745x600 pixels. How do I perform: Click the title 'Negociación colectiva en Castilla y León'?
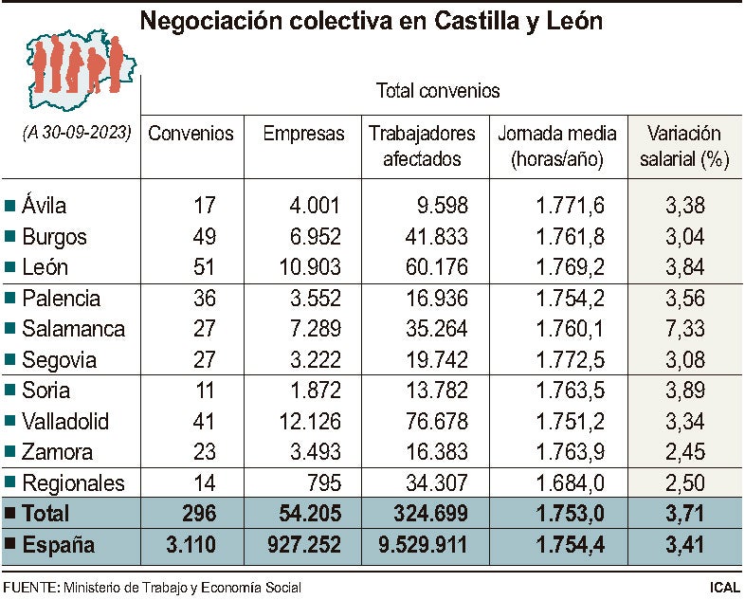pyautogui.click(x=372, y=21)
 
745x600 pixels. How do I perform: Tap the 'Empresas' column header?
pyautogui.click(x=303, y=134)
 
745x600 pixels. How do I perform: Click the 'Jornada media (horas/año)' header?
pyautogui.click(x=556, y=147)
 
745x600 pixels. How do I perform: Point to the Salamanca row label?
pyautogui.click(x=74, y=329)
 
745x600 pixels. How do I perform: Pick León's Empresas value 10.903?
pyautogui.click(x=307, y=267)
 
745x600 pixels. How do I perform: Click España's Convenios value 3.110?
pyautogui.click(x=191, y=545)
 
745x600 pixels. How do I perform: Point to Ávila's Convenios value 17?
pyautogui.click(x=204, y=206)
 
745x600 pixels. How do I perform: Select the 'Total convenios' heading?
pyautogui.click(x=438, y=91)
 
